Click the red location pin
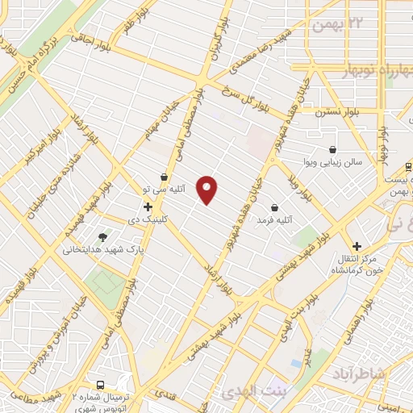click(207, 189)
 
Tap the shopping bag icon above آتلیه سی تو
click(165, 177)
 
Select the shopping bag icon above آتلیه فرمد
click(275, 207)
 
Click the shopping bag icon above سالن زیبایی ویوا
click(333, 149)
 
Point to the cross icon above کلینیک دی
click(148, 206)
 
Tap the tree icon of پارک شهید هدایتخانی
click(102, 237)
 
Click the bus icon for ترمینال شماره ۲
click(101, 385)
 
